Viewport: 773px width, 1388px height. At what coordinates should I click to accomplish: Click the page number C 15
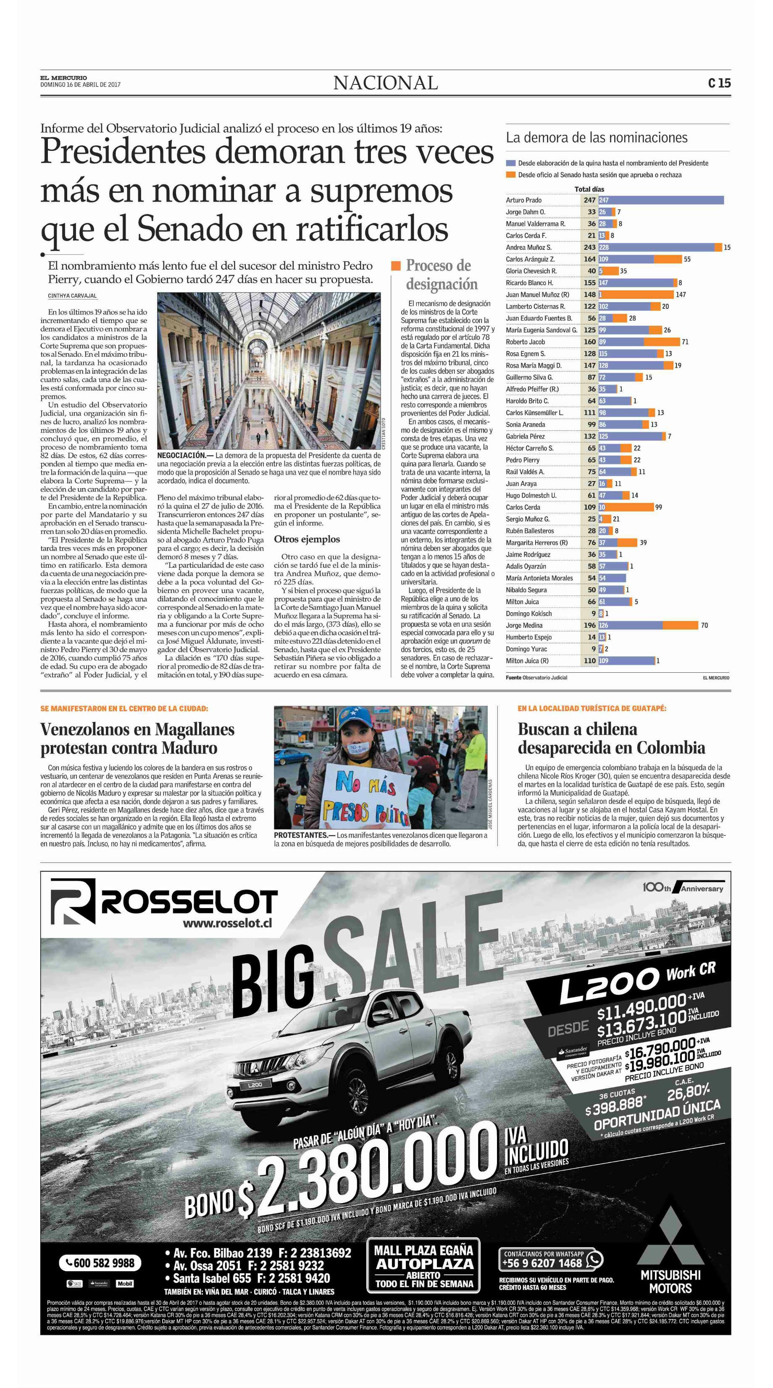719,83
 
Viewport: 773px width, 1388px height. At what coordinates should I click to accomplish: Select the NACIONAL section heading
385,83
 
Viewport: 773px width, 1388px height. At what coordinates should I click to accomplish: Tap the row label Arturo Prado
523,200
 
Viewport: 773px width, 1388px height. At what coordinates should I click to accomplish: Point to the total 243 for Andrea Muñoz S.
590,248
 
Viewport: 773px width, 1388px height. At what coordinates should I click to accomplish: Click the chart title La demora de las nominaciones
596,137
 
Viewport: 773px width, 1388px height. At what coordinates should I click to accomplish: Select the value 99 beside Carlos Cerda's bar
658,507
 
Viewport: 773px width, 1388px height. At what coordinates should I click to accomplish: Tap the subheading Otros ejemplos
307,539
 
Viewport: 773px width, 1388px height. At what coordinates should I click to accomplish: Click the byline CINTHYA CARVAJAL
72,296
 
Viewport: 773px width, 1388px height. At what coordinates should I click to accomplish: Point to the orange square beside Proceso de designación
396,266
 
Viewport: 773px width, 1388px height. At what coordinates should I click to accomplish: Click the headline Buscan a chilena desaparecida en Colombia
611,738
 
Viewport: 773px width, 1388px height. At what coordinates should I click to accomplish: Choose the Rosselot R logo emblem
73,903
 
